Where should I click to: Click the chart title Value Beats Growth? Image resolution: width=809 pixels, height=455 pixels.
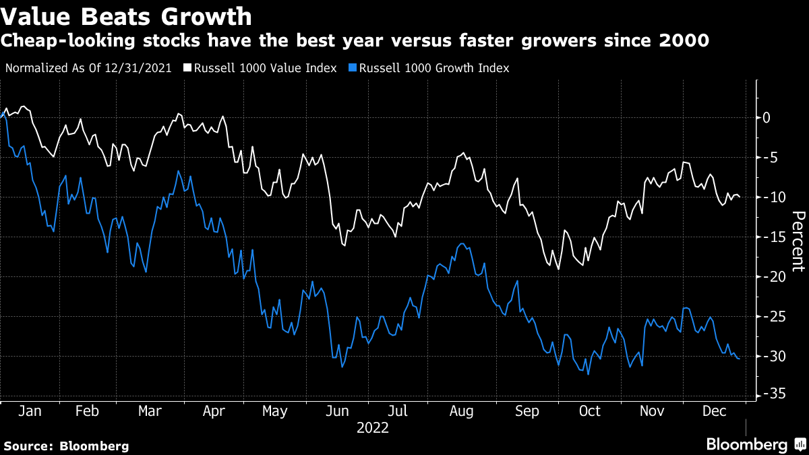click(x=127, y=16)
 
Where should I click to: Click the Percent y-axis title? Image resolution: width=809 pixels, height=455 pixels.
click(x=798, y=241)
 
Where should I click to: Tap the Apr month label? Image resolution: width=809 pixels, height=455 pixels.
click(x=214, y=411)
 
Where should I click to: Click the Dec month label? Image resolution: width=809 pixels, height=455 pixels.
click(x=715, y=411)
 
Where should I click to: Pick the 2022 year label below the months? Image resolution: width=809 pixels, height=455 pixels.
click(x=373, y=427)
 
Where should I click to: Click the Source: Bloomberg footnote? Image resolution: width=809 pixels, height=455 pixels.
click(x=66, y=446)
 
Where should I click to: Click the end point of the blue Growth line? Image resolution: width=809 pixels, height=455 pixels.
click(x=740, y=359)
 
